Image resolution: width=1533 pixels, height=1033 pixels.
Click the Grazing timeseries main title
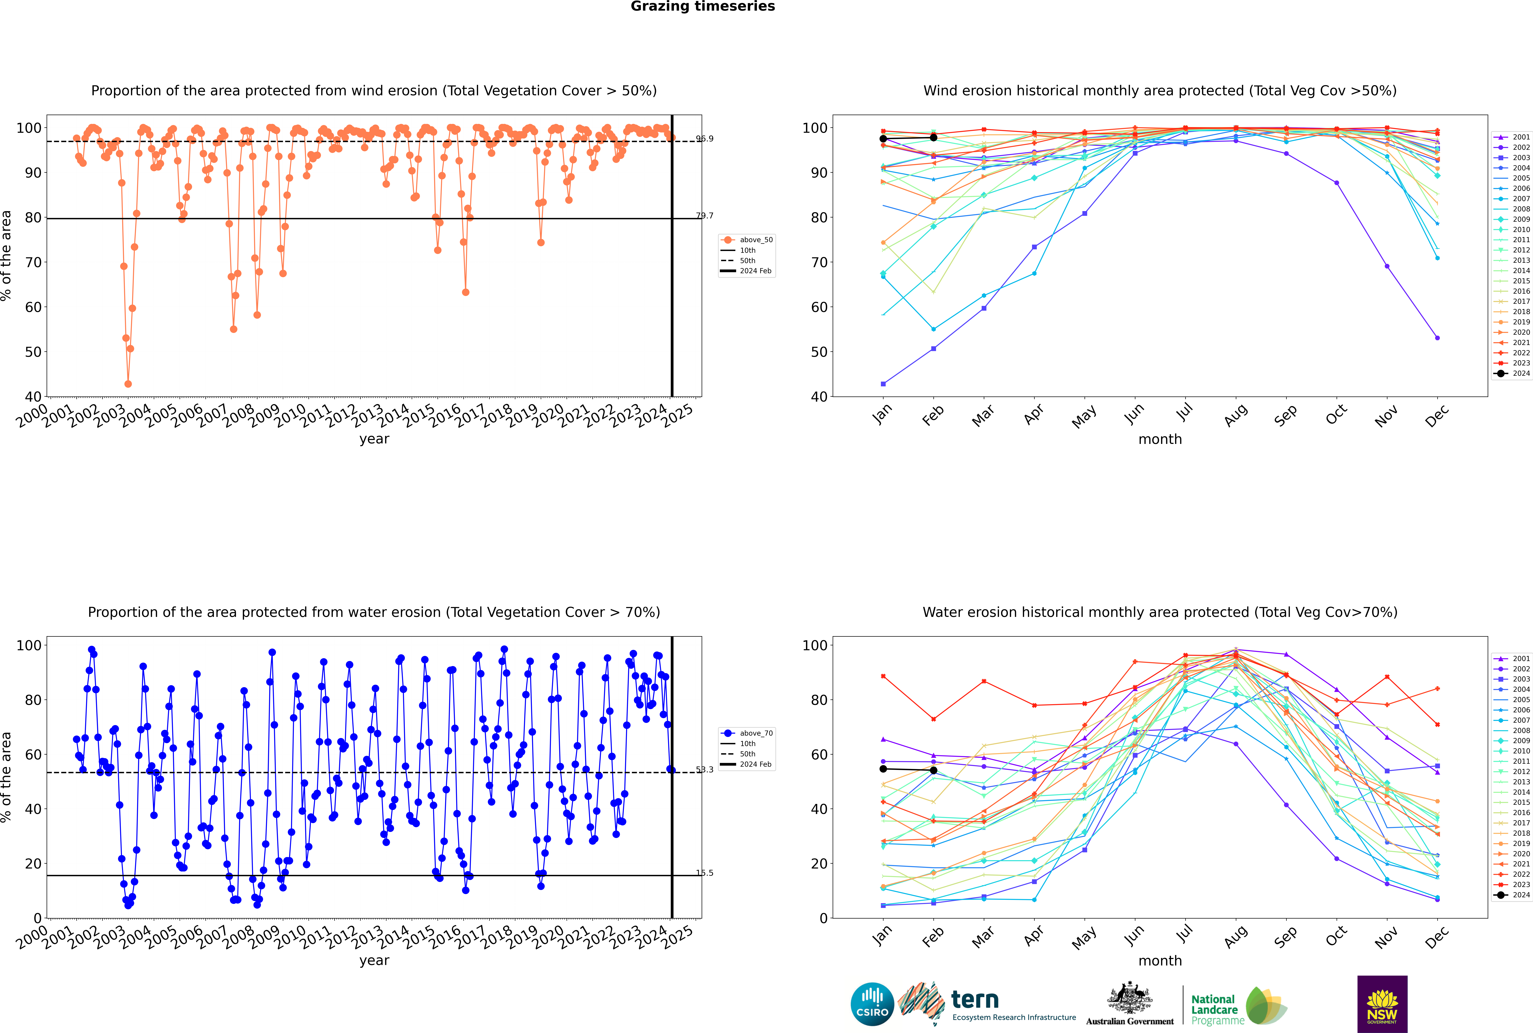coord(703,7)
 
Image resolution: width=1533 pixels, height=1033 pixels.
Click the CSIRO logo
coord(872,1004)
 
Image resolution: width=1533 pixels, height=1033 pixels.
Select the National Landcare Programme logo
coord(1238,1006)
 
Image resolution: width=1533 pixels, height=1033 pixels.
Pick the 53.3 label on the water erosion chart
coord(705,769)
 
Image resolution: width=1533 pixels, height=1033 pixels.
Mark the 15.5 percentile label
coord(705,873)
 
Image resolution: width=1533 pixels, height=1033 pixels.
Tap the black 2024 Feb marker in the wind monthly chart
coord(933,138)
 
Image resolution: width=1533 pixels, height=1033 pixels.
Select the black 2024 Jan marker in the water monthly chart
coord(883,769)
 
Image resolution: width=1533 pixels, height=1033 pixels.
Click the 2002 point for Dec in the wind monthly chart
coord(1437,338)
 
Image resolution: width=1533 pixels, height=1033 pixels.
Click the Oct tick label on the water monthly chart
coord(1336,937)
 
